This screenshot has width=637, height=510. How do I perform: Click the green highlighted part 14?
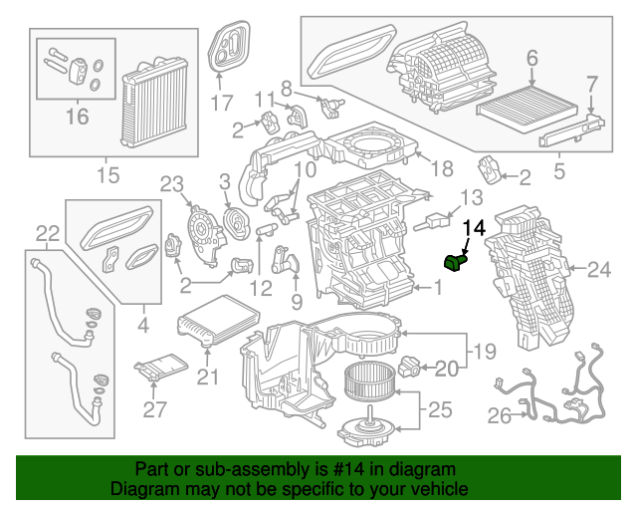click(456, 262)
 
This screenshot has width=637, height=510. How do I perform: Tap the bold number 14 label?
click(475, 228)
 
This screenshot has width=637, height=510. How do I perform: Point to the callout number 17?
click(221, 102)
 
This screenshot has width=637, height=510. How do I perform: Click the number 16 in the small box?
click(77, 118)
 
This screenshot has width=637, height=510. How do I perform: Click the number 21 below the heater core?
click(206, 376)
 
